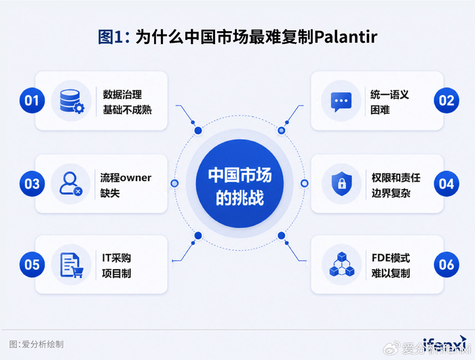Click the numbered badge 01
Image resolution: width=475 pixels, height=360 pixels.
(x=32, y=100)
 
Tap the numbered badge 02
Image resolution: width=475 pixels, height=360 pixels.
(x=446, y=100)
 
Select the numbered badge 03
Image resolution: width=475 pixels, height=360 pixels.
(x=32, y=184)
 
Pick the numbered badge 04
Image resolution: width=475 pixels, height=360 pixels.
(x=446, y=184)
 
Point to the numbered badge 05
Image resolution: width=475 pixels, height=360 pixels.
(x=32, y=264)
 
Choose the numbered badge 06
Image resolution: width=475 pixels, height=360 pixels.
(x=446, y=264)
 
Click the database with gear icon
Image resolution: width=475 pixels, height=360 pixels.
(x=72, y=101)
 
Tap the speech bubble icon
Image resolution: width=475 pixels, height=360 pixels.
(x=341, y=102)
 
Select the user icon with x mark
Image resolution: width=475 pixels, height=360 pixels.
(x=71, y=184)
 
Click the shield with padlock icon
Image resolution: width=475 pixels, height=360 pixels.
(x=342, y=184)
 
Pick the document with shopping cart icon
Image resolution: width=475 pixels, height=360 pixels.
(x=71, y=265)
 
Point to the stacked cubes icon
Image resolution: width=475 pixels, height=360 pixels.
(x=342, y=264)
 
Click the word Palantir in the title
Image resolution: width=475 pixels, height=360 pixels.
(x=345, y=37)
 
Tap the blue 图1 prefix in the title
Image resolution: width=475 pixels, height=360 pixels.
(x=110, y=37)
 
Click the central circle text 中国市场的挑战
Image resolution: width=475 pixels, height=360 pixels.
(x=240, y=186)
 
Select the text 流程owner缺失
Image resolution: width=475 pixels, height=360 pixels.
(x=126, y=185)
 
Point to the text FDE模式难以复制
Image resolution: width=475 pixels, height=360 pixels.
(x=391, y=266)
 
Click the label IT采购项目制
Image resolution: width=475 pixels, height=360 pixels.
(x=117, y=266)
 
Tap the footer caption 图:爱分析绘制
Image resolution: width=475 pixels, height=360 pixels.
(x=37, y=344)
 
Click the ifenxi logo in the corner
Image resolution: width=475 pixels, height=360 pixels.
(x=444, y=344)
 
